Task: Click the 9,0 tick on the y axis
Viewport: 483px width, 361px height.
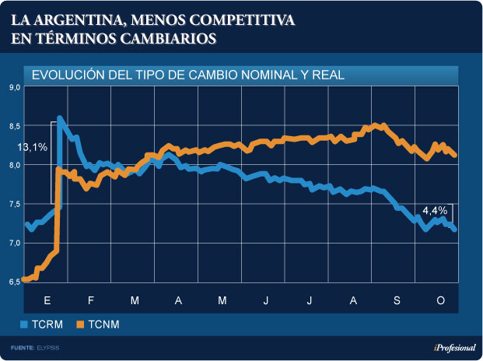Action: (14, 87)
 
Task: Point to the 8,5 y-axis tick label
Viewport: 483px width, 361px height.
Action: (14, 126)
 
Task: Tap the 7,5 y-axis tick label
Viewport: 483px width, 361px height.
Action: (14, 204)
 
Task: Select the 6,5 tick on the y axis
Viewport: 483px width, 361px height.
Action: (14, 282)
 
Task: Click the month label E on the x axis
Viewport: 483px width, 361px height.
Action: (47, 300)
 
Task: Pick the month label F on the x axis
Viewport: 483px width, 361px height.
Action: (91, 300)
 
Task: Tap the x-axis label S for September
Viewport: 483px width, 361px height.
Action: (397, 300)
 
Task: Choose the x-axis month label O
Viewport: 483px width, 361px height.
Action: (440, 300)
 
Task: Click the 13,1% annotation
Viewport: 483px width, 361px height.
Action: (33, 146)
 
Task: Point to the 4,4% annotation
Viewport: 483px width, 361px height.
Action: (434, 210)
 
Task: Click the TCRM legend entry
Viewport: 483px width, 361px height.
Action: (47, 324)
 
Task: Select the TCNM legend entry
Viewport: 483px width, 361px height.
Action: (103, 324)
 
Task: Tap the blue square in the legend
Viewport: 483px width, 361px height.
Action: (23, 324)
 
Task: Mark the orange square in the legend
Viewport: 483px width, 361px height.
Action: (80, 324)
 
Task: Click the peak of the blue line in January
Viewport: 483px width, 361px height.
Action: (60, 117)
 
